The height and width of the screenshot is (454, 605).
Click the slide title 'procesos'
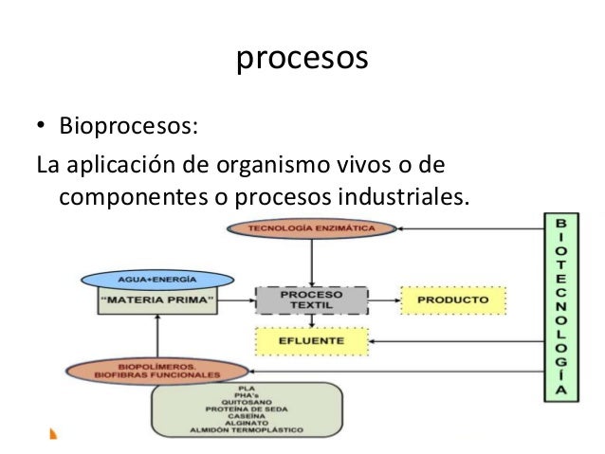[301, 58]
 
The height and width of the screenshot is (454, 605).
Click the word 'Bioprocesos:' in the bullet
[119, 125]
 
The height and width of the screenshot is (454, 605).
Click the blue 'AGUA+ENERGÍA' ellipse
[156, 281]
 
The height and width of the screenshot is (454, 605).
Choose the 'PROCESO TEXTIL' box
[310, 300]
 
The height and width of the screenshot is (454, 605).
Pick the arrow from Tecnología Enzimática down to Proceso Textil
[311, 261]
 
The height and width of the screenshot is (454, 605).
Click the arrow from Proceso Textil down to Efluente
[311, 321]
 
